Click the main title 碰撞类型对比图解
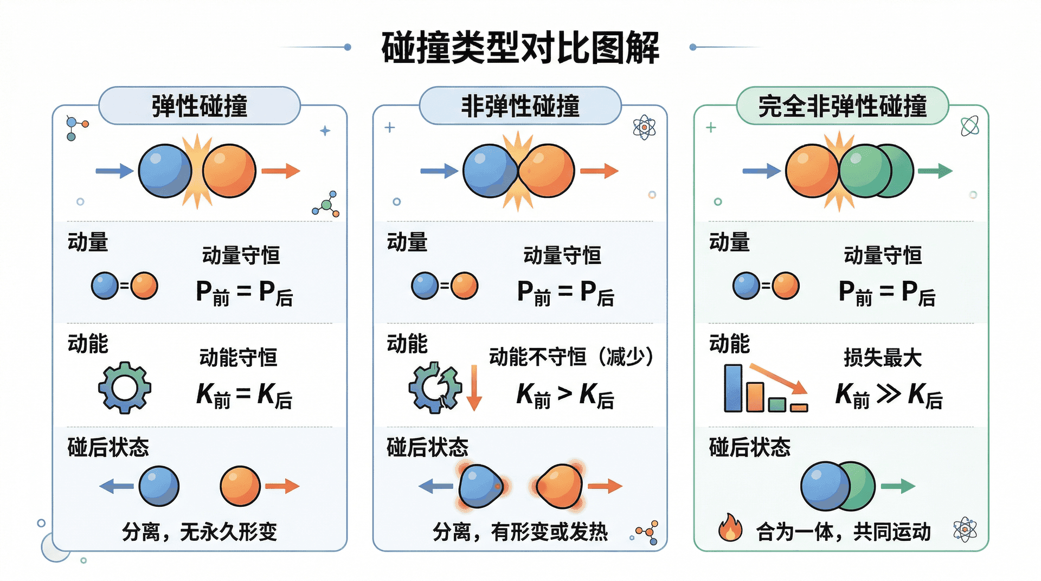[520, 48]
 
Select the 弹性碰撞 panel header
[200, 106]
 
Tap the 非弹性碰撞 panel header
[520, 106]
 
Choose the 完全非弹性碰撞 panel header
[842, 106]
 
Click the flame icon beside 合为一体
[730, 528]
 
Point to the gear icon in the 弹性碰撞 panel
[125, 388]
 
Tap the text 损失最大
[882, 358]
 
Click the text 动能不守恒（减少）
[571, 357]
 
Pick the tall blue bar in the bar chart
[733, 388]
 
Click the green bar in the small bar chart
[777, 404]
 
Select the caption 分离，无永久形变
[200, 532]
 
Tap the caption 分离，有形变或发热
[520, 532]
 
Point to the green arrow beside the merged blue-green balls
[898, 486]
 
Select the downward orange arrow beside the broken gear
[474, 388]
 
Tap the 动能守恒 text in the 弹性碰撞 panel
[239, 358]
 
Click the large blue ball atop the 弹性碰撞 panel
[165, 171]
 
